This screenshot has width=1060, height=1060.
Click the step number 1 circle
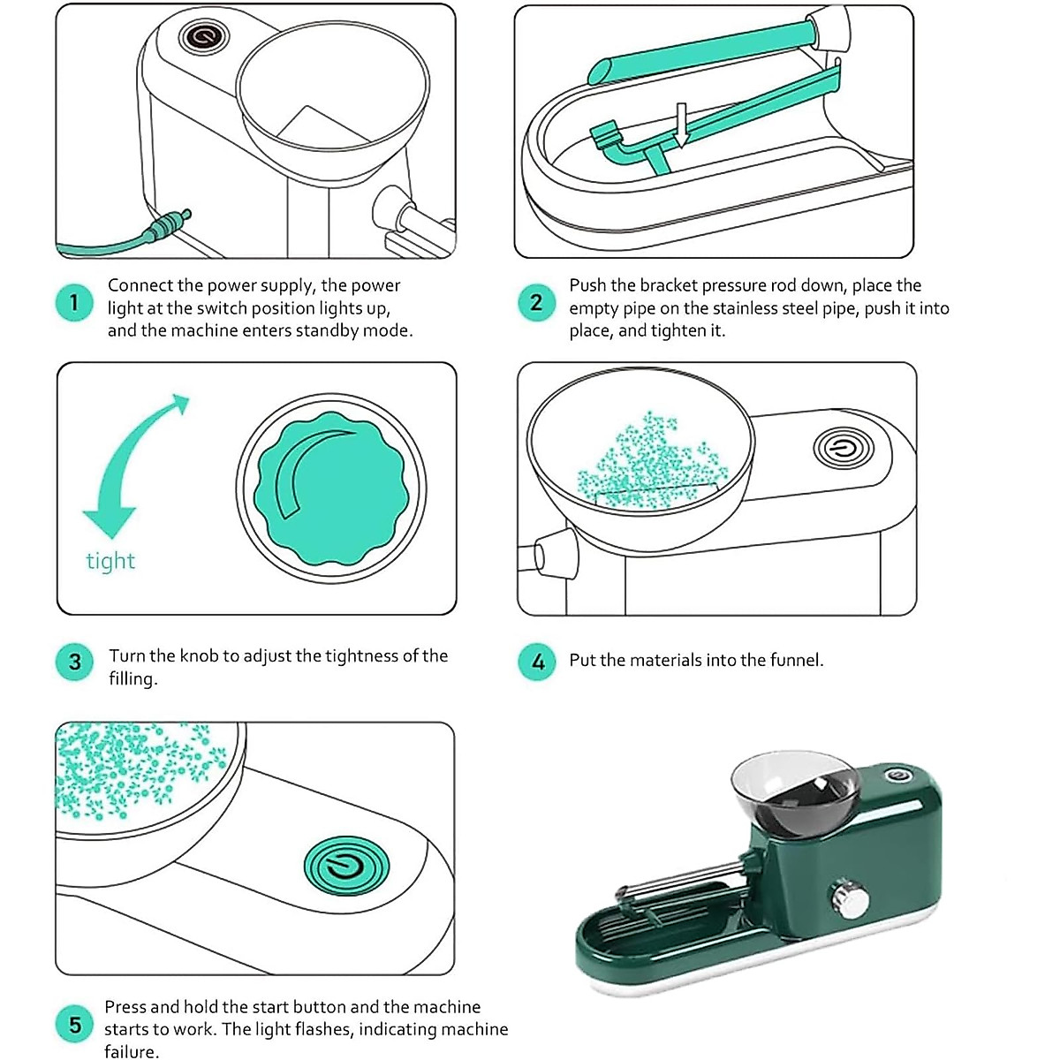74,303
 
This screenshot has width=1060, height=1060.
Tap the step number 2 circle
536,303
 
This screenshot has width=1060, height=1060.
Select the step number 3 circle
74,662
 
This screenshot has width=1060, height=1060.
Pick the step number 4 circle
537,662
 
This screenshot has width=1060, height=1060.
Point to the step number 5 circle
74,1025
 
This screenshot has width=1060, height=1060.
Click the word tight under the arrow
110,561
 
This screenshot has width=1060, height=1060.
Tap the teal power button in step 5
346,866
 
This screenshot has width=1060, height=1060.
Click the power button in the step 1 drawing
202,36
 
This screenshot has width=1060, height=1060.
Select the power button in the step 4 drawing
844,449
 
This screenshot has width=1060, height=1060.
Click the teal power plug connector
166,226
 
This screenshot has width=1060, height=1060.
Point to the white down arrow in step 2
682,125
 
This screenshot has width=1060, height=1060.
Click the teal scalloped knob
331,488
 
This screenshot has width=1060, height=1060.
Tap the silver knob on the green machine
851,900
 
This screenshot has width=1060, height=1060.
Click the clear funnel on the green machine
795,794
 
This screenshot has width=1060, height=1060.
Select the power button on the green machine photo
898,775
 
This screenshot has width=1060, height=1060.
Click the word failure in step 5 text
132,1051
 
